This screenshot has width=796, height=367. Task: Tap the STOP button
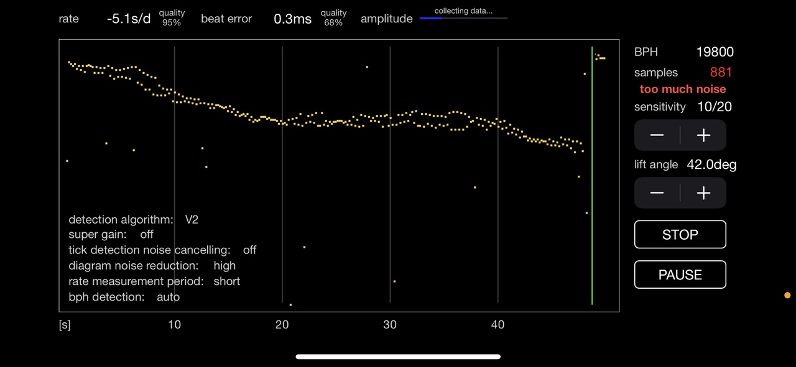click(x=680, y=235)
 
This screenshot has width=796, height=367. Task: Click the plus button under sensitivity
click(x=703, y=135)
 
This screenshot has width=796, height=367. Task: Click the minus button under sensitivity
click(x=657, y=135)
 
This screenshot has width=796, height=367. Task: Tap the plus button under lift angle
click(x=703, y=193)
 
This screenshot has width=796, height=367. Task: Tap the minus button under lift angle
click(x=657, y=193)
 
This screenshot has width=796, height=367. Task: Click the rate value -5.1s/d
click(x=129, y=19)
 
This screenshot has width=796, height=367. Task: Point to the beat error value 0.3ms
click(x=292, y=19)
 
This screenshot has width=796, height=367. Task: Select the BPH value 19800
click(x=715, y=52)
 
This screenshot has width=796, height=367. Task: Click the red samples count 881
click(x=721, y=73)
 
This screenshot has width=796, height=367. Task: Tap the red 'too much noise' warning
click(x=683, y=89)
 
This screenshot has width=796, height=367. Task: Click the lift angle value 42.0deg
click(x=711, y=165)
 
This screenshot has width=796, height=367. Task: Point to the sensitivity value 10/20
click(x=715, y=107)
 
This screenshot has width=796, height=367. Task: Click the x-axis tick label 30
click(x=390, y=324)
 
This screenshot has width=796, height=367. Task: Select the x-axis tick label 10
click(x=174, y=324)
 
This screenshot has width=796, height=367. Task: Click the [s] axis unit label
click(x=65, y=325)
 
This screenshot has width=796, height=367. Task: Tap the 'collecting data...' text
click(x=463, y=11)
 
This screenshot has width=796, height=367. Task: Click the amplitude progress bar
click(x=463, y=19)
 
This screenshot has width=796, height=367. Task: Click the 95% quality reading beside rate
click(x=172, y=23)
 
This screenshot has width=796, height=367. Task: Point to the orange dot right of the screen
click(x=787, y=296)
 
